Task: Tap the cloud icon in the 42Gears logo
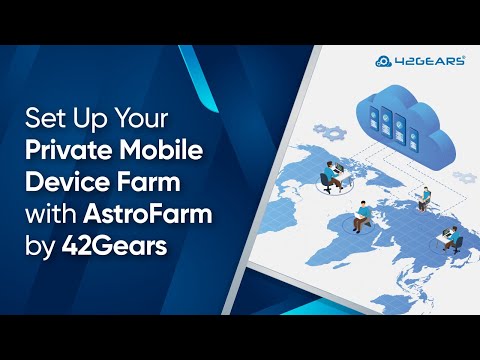click(x=384, y=61)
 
